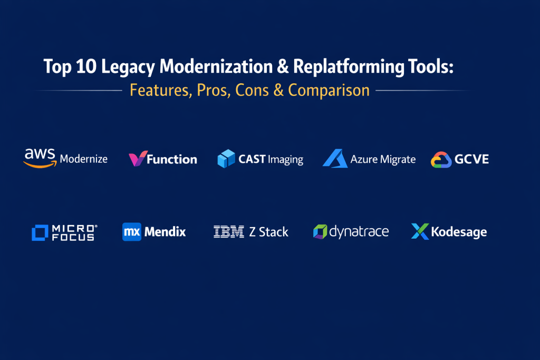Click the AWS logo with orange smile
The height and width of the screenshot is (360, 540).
pos(40,158)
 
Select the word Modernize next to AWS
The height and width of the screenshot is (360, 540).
pos(84,159)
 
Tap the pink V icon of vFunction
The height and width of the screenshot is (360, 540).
pos(138,158)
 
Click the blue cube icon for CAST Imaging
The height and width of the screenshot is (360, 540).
pos(226,159)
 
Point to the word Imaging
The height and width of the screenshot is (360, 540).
pos(285,160)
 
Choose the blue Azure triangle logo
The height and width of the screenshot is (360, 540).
pos(335,158)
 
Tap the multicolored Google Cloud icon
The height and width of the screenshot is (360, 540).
pos(441,160)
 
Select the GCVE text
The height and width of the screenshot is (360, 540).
pos(471,159)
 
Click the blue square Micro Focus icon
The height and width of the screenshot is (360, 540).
pos(40,232)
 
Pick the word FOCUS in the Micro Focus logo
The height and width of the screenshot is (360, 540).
pos(73,237)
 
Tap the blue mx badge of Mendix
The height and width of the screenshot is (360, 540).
pos(132,231)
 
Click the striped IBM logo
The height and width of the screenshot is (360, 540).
pos(229,231)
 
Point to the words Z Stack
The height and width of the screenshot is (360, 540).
pos(268,232)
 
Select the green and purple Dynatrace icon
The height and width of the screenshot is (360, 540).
pos(320,231)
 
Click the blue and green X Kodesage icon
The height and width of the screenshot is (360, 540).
pos(420,231)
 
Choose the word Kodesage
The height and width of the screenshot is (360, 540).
pos(459,232)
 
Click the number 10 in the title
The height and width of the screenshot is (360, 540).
pos(86,66)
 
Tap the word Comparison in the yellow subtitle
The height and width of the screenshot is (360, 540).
pos(329,90)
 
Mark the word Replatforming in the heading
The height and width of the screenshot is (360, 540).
pos(349,67)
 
